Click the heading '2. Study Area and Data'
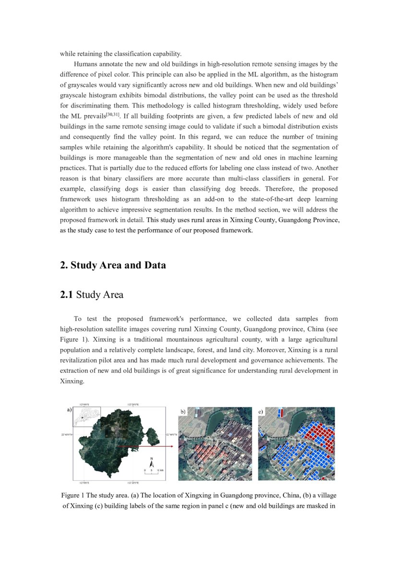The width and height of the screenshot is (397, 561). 113,265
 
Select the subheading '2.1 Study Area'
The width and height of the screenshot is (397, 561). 91,295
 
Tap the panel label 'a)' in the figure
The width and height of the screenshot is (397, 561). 69,410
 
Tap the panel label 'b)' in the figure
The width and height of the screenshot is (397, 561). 182,412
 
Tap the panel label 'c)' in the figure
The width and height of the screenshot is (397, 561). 262,412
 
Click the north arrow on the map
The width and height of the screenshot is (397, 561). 152,462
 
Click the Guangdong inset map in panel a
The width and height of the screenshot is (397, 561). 86,417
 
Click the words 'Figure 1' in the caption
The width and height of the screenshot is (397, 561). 73,495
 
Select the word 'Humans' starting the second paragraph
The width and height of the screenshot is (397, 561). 85,64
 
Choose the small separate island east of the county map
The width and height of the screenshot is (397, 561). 154,436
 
